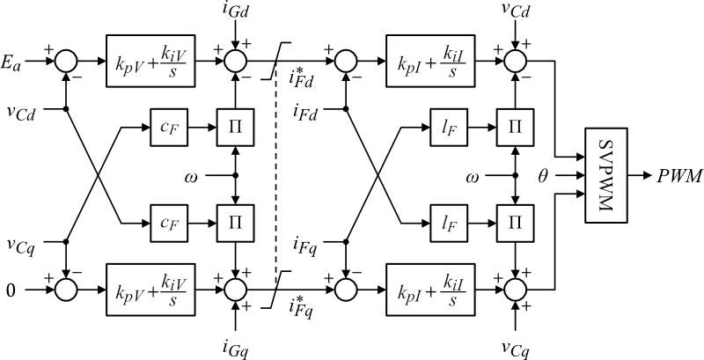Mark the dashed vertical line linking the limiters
coord(276,176)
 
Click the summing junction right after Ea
coord(67,62)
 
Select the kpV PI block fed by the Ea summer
coord(151,62)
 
